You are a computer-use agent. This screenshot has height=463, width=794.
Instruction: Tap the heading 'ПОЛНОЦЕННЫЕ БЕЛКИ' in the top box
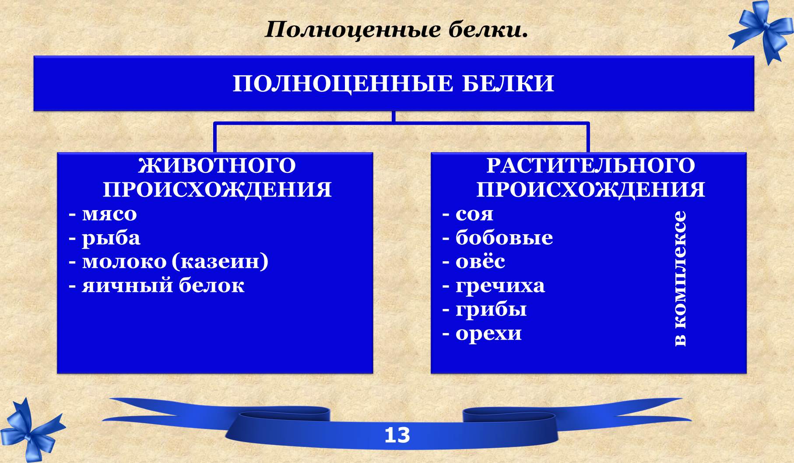393,84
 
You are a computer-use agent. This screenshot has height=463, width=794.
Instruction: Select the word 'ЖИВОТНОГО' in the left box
217,166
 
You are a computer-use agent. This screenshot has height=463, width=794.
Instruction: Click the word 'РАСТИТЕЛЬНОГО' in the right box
590,166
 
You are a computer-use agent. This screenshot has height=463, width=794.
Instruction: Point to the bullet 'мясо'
109,214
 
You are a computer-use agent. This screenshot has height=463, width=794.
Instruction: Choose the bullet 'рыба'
111,239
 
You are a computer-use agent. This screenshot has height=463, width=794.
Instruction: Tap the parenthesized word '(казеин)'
220,262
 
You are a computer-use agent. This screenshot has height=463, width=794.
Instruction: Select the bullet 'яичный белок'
163,286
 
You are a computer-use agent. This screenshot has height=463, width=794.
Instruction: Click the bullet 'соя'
474,214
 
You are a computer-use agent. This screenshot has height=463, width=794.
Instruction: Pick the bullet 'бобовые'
504,238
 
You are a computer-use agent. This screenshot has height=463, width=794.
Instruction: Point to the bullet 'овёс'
480,261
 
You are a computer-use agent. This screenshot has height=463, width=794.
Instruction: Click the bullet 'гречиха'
500,286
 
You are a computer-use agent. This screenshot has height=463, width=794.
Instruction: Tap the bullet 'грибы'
491,310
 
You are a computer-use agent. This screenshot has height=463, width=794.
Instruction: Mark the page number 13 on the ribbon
397,435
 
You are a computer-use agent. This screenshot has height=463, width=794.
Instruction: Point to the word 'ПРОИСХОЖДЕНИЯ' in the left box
217,190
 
